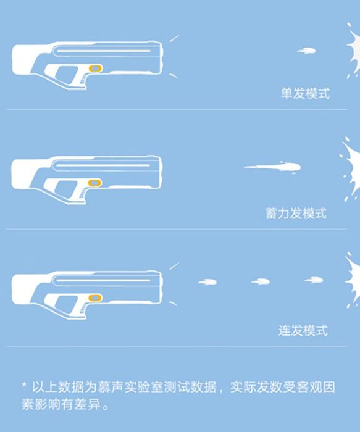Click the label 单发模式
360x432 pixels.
tap(305, 93)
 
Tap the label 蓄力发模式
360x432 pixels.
tap(296, 214)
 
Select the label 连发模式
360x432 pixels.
tap(303, 330)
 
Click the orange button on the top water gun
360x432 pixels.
tap(95, 69)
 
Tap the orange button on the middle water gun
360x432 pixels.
tap(95, 183)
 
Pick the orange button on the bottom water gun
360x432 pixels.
tap(95, 297)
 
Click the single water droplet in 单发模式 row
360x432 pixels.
tap(306, 51)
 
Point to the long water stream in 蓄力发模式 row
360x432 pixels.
tap(272, 167)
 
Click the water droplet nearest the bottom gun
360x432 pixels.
tap(207, 282)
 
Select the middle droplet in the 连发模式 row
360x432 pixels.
tap(261, 281)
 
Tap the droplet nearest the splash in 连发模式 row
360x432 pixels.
tap(314, 280)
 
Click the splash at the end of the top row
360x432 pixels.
tap(353, 51)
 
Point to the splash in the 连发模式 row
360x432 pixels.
tap(353, 280)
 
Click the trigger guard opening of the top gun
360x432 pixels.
tap(66, 75)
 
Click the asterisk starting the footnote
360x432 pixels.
tap(24, 384)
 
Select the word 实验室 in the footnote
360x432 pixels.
tap(143, 386)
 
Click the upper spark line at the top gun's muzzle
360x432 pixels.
tap(174, 38)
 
